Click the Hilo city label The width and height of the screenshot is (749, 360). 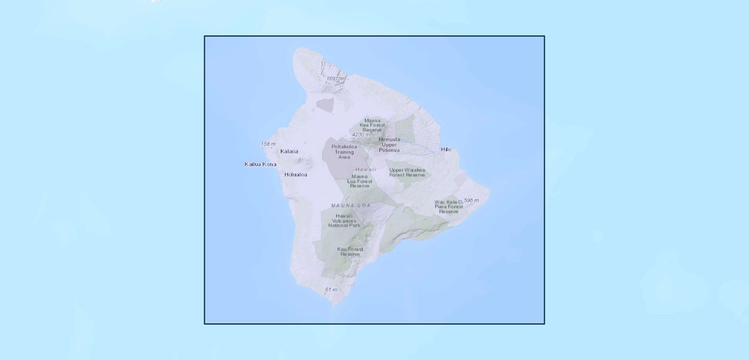pos(445,149)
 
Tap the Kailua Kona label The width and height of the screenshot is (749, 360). pos(260,164)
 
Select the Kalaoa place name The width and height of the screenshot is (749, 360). pos(289,151)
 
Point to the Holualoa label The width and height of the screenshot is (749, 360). pos(296,175)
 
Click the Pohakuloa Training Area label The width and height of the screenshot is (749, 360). pos(344,152)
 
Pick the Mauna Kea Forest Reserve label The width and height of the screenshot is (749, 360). pos(372,125)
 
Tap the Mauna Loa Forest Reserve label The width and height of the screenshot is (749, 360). pos(360,181)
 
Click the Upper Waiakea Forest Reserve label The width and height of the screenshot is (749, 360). pos(407,172)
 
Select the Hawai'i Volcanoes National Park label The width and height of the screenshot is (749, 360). pos(344,220)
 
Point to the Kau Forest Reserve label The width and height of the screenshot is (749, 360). pos(350,251)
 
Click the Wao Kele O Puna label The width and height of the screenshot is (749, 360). pos(449,206)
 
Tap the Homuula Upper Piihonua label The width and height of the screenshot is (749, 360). pos(389,145)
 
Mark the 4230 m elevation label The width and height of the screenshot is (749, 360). pos(361,135)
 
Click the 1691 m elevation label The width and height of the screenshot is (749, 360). pos(335,79)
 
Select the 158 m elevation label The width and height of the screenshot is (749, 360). pos(268,144)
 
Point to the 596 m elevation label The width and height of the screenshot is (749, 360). pos(471,200)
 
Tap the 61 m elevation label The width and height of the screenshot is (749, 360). pos(331,290)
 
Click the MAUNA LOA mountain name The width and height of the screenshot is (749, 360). pos(351,206)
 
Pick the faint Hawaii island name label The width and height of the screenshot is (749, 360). pos(365,169)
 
